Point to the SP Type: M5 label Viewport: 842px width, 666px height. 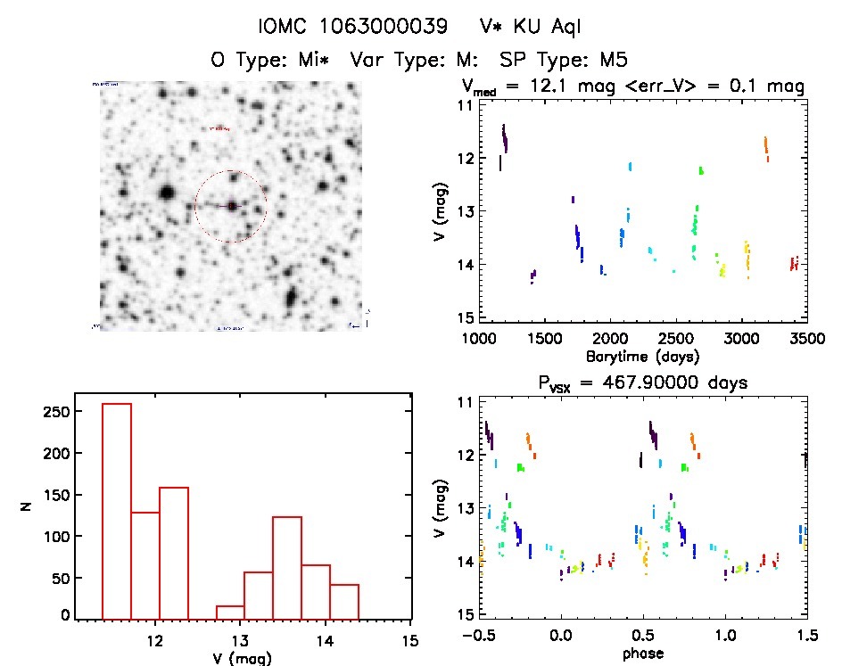click(564, 61)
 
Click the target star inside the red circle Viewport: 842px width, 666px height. click(232, 206)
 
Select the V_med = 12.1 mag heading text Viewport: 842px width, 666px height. click(634, 87)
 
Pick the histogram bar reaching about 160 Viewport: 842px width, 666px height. click(174, 553)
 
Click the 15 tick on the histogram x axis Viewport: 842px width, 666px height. click(410, 639)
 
